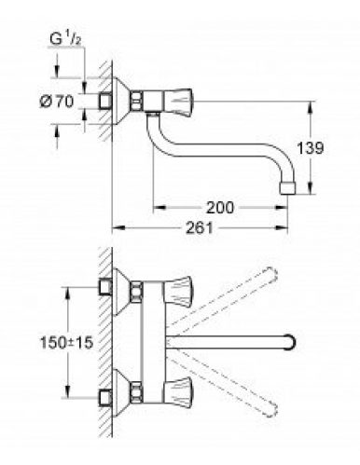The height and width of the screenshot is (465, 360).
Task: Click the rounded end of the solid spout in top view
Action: (292, 339)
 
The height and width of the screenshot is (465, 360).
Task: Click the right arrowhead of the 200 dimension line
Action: (287, 209)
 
